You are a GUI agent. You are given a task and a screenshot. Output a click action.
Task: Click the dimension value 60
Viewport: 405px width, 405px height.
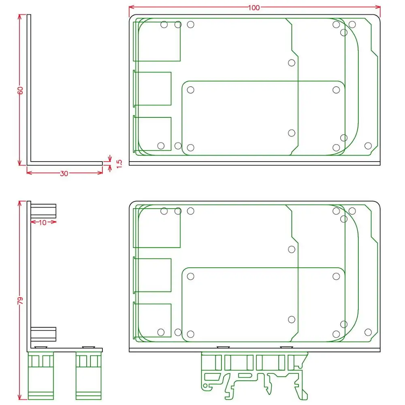click(20, 90)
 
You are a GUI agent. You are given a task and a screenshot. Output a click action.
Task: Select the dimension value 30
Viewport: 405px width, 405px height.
click(64, 174)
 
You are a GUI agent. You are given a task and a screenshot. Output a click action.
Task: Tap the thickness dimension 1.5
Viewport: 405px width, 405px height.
click(119, 164)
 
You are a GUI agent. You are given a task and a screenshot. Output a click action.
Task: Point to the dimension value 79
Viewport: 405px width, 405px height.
click(20, 301)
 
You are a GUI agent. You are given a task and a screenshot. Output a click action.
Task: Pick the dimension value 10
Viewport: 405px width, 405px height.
click(43, 222)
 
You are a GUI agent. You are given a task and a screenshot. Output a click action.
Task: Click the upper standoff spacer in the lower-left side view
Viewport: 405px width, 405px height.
click(43, 211)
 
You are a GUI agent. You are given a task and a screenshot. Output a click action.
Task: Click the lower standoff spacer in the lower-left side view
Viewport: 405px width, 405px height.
click(43, 334)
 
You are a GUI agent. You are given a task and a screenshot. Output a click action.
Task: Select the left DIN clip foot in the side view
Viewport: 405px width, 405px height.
click(40, 375)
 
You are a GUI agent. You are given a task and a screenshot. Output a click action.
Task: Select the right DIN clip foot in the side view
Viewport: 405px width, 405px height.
click(89, 375)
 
